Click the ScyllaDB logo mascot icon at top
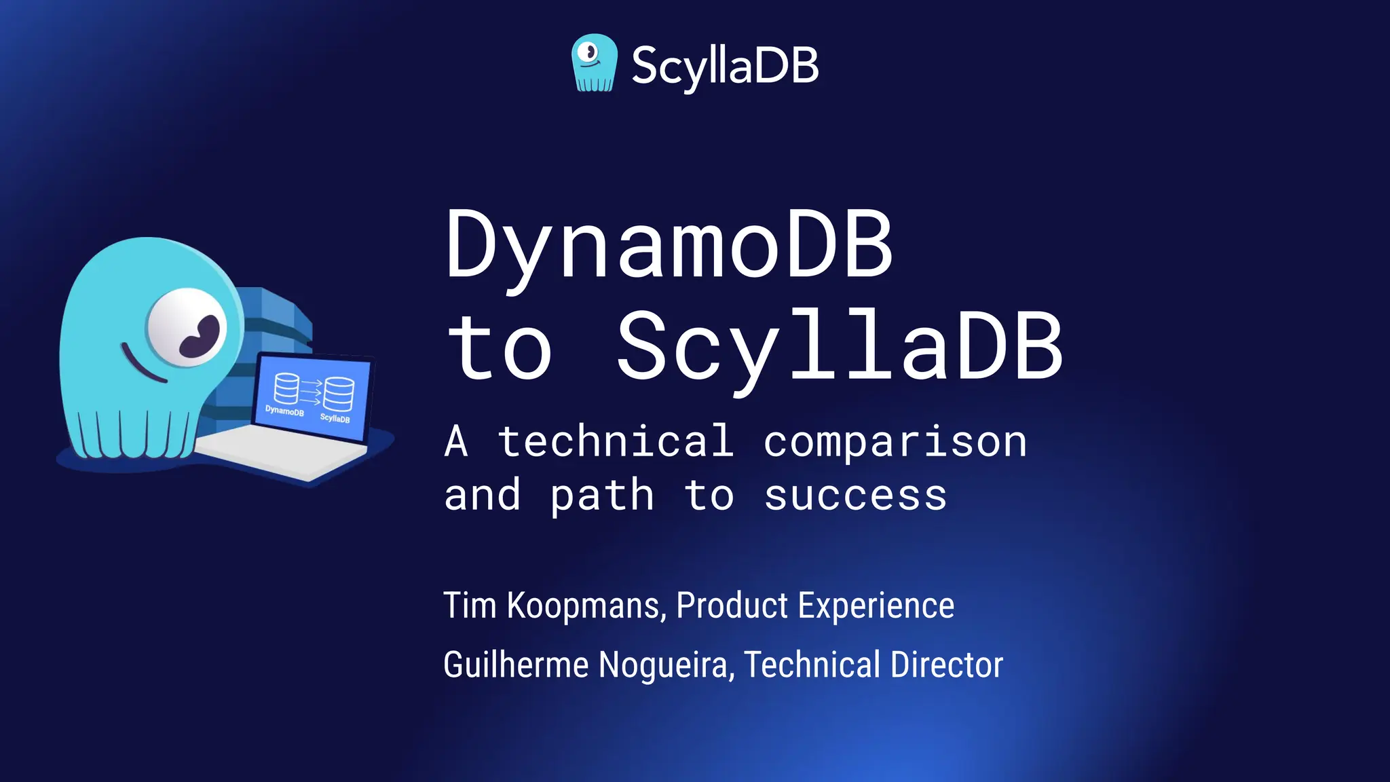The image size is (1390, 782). (x=595, y=62)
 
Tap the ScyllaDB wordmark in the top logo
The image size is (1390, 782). (x=725, y=67)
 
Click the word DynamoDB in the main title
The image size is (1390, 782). (x=669, y=246)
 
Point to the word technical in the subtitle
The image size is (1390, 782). (x=616, y=441)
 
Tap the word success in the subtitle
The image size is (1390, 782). (x=855, y=496)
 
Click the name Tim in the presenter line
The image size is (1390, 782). (x=470, y=605)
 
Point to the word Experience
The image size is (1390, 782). (x=876, y=605)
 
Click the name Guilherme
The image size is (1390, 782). (x=516, y=664)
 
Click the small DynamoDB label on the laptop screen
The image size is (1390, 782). (x=284, y=411)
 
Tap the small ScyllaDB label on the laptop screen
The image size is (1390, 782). (x=335, y=418)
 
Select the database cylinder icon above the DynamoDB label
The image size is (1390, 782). (x=286, y=388)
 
